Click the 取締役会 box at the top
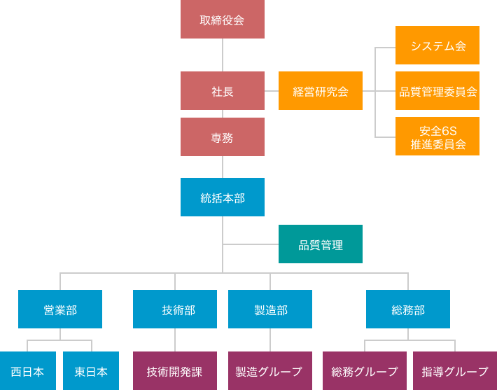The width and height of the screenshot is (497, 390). click(x=223, y=20)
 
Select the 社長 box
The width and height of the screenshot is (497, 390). click(x=223, y=91)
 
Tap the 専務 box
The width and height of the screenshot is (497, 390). click(x=223, y=137)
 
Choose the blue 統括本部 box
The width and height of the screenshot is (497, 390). click(x=223, y=197)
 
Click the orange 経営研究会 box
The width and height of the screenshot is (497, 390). click(x=321, y=91)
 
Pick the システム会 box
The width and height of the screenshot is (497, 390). click(x=437, y=46)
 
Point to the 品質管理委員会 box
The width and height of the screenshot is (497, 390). click(x=437, y=91)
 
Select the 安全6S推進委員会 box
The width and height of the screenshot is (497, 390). click(x=437, y=137)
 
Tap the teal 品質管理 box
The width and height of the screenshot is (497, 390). click(x=321, y=244)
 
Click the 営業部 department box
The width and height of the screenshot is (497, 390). click(x=60, y=309)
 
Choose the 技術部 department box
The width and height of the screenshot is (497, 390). click(x=175, y=309)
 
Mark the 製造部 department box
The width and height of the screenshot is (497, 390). click(x=270, y=309)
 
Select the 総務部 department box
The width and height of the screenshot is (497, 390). click(x=408, y=309)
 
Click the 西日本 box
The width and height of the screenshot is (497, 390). click(x=28, y=371)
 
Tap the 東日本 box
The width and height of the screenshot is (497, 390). click(x=91, y=371)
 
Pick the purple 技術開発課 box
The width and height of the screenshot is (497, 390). click(x=175, y=371)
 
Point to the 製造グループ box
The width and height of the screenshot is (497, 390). click(x=270, y=371)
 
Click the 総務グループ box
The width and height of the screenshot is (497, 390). click(x=365, y=371)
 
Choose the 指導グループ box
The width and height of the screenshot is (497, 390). click(x=455, y=371)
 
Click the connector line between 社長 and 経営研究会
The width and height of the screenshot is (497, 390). click(x=272, y=91)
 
